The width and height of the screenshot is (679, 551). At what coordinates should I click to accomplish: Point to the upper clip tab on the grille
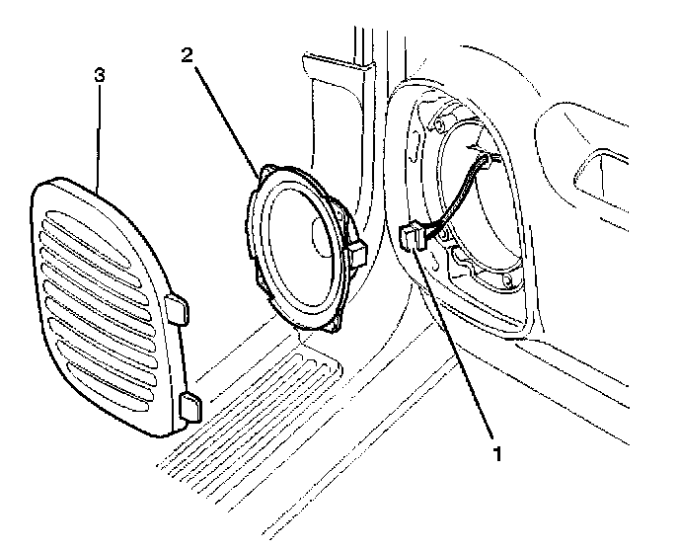180,306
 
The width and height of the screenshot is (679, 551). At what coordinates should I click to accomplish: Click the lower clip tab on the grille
190,406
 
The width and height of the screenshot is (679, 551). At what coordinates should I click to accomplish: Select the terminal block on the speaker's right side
358,254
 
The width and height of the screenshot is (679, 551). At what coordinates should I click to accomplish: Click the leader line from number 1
459,346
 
